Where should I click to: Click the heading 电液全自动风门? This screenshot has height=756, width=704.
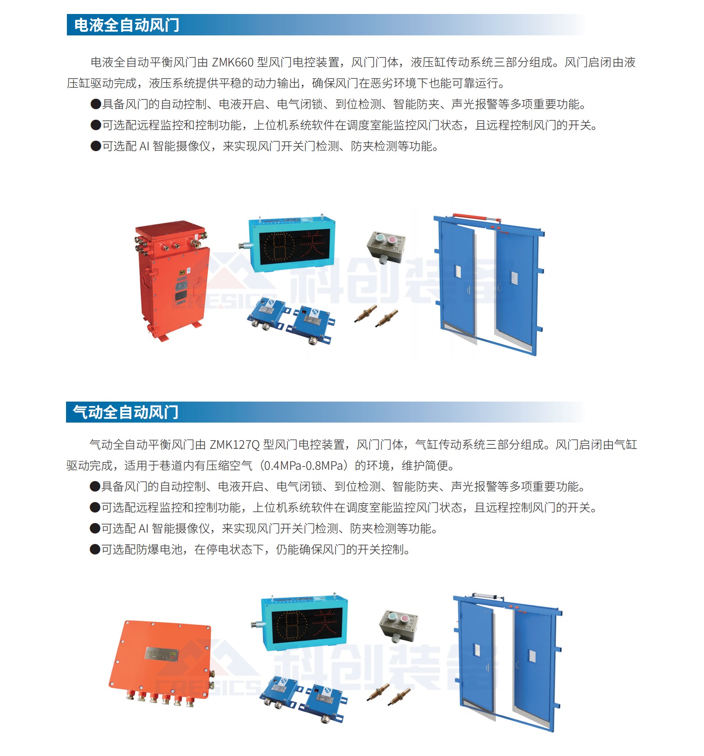[x=127, y=25]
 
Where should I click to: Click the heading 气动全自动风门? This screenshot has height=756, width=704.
[x=125, y=412]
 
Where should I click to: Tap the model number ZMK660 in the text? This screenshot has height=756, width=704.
[x=233, y=62]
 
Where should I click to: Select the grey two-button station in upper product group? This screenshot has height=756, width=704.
[x=386, y=246]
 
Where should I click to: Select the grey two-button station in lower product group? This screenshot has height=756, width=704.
[x=399, y=626]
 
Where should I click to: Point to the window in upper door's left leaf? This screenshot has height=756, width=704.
[x=458, y=272]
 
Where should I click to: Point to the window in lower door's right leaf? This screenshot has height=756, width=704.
[x=532, y=656]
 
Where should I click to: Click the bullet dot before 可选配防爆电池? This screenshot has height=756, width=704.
[x=95, y=550]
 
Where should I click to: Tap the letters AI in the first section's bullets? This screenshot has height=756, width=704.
[x=144, y=146]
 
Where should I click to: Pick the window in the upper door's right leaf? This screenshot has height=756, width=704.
[x=514, y=278]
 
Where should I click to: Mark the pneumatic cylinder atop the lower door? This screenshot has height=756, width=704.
[x=487, y=596]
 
